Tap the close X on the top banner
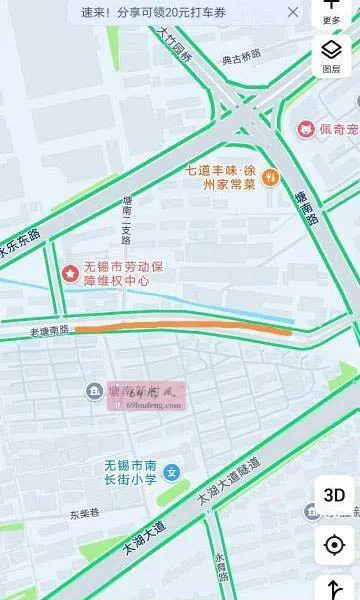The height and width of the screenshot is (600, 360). click(x=293, y=12)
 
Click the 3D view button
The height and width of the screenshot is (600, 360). click(x=334, y=495)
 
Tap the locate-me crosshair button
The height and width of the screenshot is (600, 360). click(x=334, y=546)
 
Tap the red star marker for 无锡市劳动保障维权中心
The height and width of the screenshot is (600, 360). click(x=70, y=272)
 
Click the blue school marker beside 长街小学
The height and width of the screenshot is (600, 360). click(x=172, y=471)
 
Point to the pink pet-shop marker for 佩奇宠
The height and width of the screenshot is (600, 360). click(x=306, y=129)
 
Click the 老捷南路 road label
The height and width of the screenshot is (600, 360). click(x=48, y=329)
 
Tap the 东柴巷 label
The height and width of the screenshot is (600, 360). click(x=84, y=514)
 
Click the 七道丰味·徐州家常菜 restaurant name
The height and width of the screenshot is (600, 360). click(x=222, y=176)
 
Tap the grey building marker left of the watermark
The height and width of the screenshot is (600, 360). click(x=94, y=390)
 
